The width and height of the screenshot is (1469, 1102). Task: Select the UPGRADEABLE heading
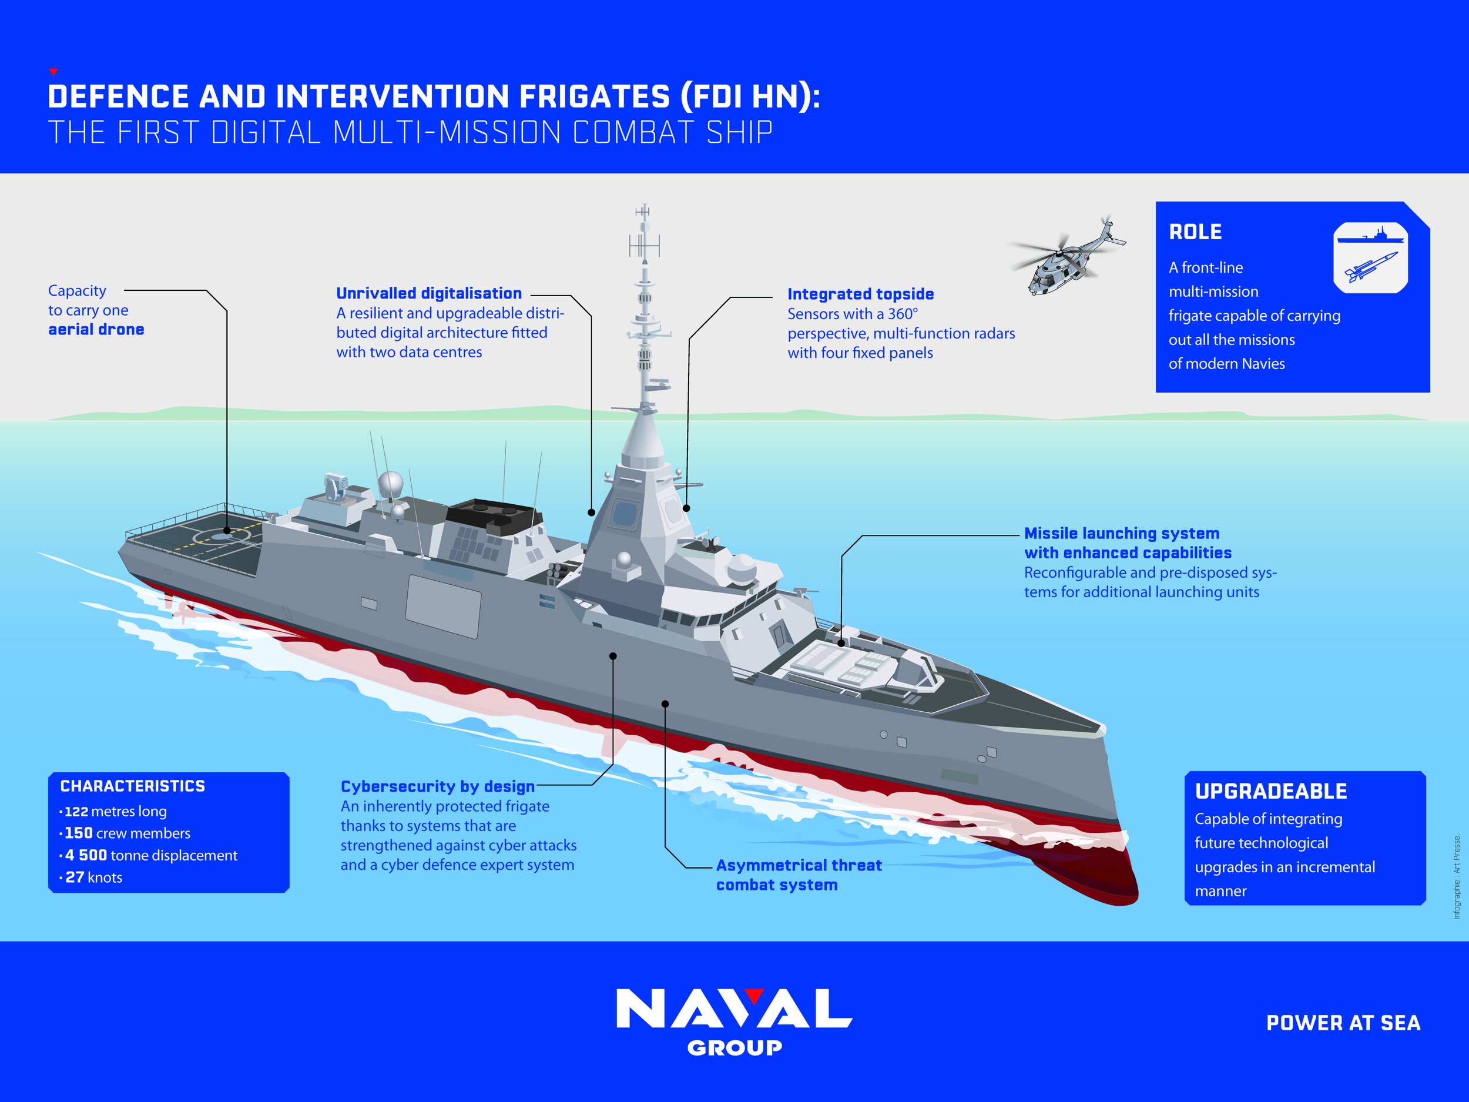click(x=1271, y=791)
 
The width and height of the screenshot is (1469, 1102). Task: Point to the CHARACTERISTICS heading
click(x=132, y=786)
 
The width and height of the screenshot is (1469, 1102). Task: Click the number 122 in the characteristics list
click(x=76, y=811)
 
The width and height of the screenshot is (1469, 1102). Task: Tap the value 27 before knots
click(x=75, y=877)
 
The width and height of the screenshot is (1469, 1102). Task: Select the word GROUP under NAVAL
click(x=734, y=1048)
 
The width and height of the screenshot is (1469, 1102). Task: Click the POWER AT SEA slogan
click(x=1343, y=1023)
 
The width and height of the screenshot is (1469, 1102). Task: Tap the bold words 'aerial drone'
click(x=96, y=330)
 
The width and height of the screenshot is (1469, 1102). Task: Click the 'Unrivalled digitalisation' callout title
click(x=429, y=294)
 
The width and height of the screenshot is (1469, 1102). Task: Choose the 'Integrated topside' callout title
click(x=861, y=294)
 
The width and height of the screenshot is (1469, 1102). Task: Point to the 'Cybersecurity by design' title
click(x=438, y=786)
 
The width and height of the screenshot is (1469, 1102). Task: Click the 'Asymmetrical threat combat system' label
click(x=799, y=875)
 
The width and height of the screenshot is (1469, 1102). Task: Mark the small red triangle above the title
click(x=54, y=72)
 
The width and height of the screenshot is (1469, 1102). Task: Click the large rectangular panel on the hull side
click(x=443, y=607)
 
